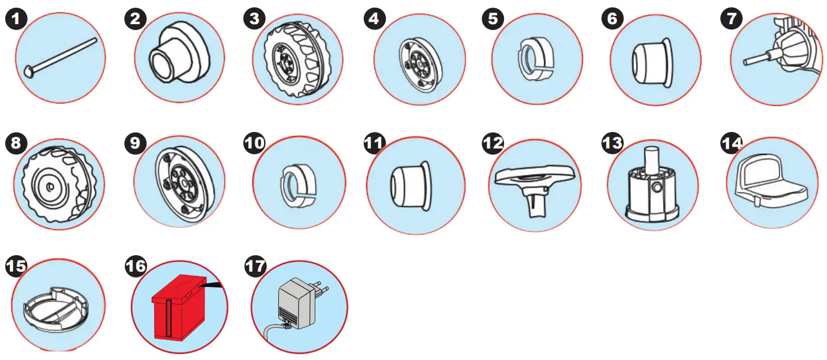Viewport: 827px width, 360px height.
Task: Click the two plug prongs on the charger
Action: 319,289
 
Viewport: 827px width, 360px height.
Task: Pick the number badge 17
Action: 255,267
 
